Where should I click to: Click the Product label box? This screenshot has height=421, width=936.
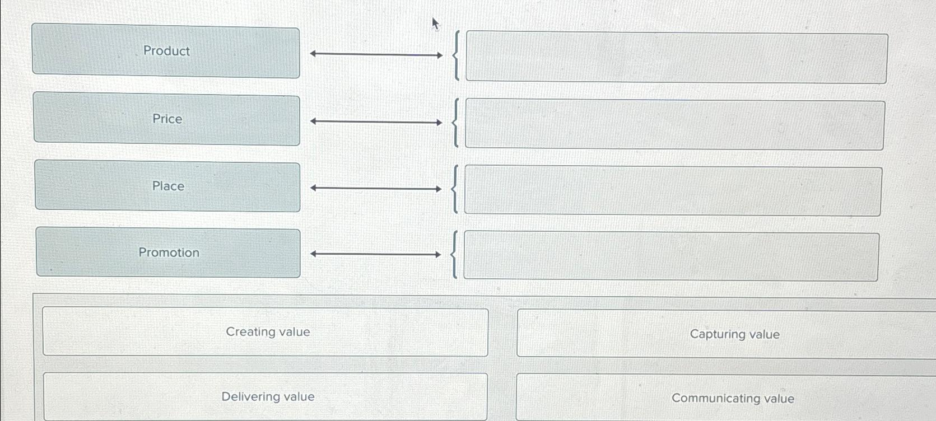tap(166, 51)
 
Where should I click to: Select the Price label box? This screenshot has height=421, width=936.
tap(167, 119)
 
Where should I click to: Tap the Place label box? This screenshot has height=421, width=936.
tap(167, 186)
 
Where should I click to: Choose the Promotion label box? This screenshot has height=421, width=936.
tap(168, 252)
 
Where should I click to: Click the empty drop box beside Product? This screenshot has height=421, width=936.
tap(676, 58)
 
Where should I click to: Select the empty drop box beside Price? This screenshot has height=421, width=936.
tap(674, 124)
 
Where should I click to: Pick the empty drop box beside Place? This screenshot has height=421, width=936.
tap(673, 190)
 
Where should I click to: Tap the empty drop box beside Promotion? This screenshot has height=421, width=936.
tap(670, 256)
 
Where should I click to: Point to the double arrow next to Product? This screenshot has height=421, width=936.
tap(376, 55)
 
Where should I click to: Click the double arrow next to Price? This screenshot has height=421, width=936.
tap(376, 121)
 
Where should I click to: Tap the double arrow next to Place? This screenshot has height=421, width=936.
tap(376, 189)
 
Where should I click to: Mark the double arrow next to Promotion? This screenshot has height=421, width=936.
tap(376, 254)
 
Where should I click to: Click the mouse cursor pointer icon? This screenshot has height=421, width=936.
tap(435, 24)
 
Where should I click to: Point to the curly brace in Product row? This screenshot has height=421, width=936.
tap(457, 56)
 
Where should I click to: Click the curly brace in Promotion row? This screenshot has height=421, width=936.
tap(454, 255)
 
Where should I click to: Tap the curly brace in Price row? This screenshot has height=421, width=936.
tap(455, 123)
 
